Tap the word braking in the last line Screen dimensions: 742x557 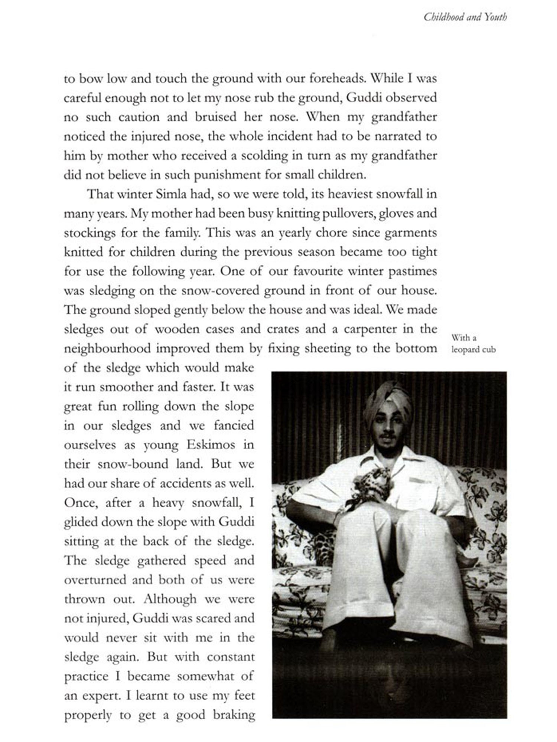coord(234,715)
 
